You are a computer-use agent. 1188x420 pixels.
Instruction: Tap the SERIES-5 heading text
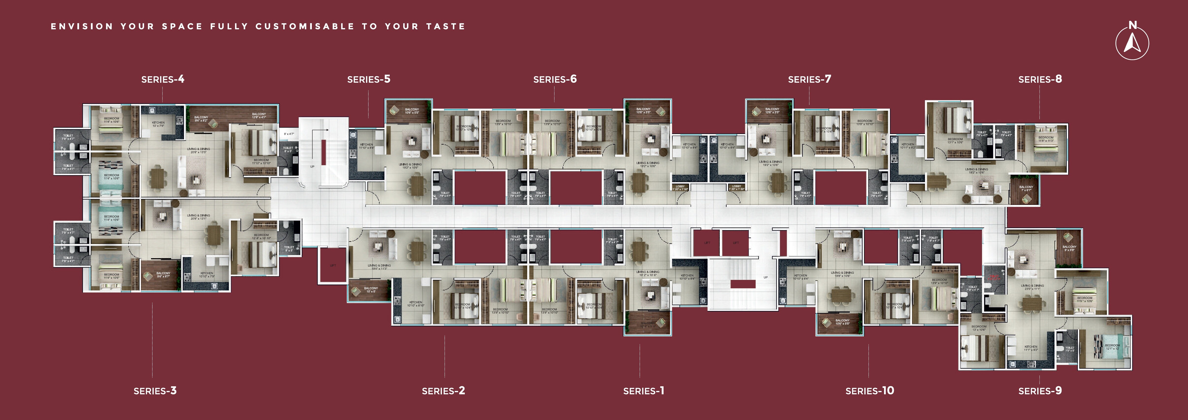368,79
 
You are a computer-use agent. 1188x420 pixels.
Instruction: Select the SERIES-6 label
555,79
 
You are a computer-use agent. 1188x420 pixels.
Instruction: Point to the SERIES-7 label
809,79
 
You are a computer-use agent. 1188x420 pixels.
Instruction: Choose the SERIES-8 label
1040,79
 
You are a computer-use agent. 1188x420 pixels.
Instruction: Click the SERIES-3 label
155,391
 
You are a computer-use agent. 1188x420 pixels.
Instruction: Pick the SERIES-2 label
443,391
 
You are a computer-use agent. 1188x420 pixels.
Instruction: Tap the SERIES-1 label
643,391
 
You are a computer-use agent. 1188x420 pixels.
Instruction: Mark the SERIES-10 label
869,391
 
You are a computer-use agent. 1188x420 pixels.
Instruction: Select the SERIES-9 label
1040,391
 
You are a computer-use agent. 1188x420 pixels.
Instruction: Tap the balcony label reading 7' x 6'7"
1026,188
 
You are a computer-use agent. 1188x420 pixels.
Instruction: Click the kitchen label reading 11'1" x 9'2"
1031,348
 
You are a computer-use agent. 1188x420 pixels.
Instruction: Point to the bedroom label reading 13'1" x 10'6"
955,141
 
